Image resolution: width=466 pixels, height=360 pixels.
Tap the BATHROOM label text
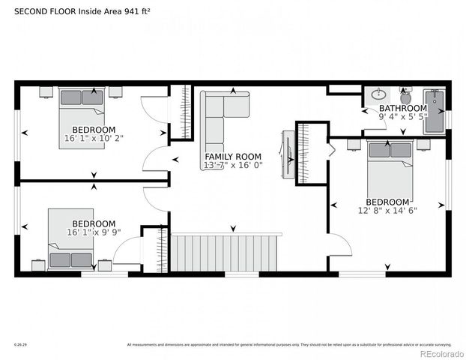click(402, 108)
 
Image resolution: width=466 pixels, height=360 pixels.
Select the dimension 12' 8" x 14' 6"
click(387, 211)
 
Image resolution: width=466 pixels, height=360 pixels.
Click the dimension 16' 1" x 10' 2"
click(94, 139)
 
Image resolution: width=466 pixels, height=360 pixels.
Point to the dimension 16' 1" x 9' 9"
click(94, 232)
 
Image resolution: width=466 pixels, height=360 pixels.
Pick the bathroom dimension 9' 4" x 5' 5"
click(402, 117)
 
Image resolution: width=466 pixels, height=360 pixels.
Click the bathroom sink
click(379, 95)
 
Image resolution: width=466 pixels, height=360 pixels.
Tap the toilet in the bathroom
click(406, 96)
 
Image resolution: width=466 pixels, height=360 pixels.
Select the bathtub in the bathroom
click(434, 111)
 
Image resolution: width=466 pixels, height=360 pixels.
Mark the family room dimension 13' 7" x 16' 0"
click(232, 165)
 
